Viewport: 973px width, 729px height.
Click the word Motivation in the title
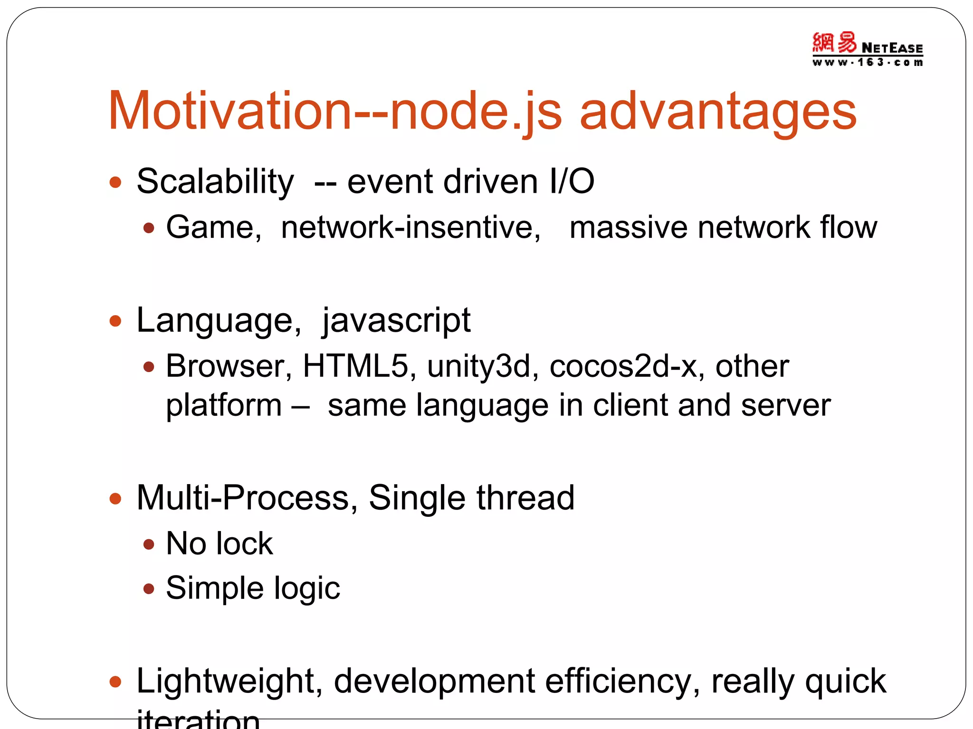229,111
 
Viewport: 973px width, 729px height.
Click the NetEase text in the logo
892,48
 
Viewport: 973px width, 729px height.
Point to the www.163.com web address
868,62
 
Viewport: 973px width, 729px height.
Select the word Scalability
215,182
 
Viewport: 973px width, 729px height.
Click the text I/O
572,181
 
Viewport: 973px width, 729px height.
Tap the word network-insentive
410,227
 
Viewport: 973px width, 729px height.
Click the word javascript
396,321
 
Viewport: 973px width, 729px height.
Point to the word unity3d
478,366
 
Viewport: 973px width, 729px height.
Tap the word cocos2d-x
623,366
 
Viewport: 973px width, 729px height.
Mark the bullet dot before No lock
149,544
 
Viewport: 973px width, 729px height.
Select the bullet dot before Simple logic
149,589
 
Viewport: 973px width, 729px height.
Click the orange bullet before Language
115,321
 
